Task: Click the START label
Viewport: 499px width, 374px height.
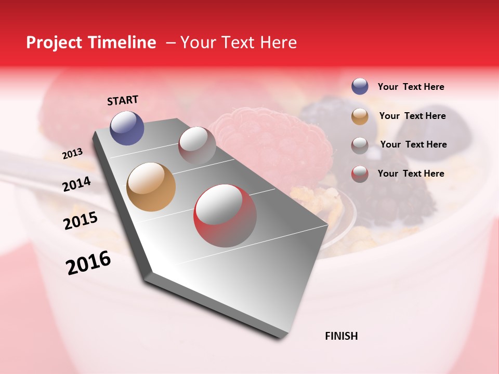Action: pos(123,100)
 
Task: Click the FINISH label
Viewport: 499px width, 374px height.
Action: pos(341,336)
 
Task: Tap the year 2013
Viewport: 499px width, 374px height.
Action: pos(72,153)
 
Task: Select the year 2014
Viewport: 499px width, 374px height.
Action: pos(76,184)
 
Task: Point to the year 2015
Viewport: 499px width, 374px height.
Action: pos(80,221)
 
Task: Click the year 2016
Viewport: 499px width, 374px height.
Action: pos(88,262)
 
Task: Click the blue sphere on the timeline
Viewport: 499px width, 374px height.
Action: pos(127,128)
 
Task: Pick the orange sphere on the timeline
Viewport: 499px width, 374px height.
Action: pos(151,187)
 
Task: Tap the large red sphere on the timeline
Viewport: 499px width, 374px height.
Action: pos(225,216)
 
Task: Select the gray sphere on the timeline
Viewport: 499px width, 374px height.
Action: pos(197,145)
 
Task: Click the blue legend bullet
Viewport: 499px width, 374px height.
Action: pos(360,86)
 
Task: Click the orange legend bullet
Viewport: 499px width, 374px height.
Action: pos(360,116)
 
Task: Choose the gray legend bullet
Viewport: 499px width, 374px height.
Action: pos(360,145)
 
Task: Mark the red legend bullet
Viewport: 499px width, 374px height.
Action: pos(360,174)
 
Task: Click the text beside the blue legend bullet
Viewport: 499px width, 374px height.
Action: pos(411,87)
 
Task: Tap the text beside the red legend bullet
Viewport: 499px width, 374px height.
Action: pos(411,173)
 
